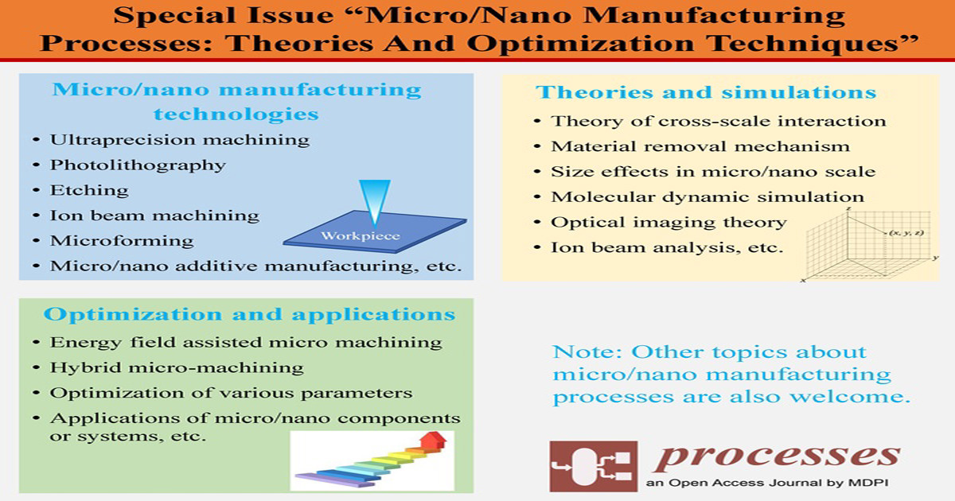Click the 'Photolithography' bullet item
tap(138, 165)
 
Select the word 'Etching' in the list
tap(89, 190)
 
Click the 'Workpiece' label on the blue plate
tap(357, 236)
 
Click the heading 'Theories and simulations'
tap(707, 92)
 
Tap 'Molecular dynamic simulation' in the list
tap(707, 196)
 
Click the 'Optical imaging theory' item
tap(668, 222)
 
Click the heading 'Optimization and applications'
tap(250, 314)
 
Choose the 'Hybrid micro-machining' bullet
tap(177, 367)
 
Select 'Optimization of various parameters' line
tap(231, 393)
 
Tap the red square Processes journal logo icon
tap(593, 466)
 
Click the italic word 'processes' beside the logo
tap(776, 455)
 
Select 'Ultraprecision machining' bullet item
tap(179, 140)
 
